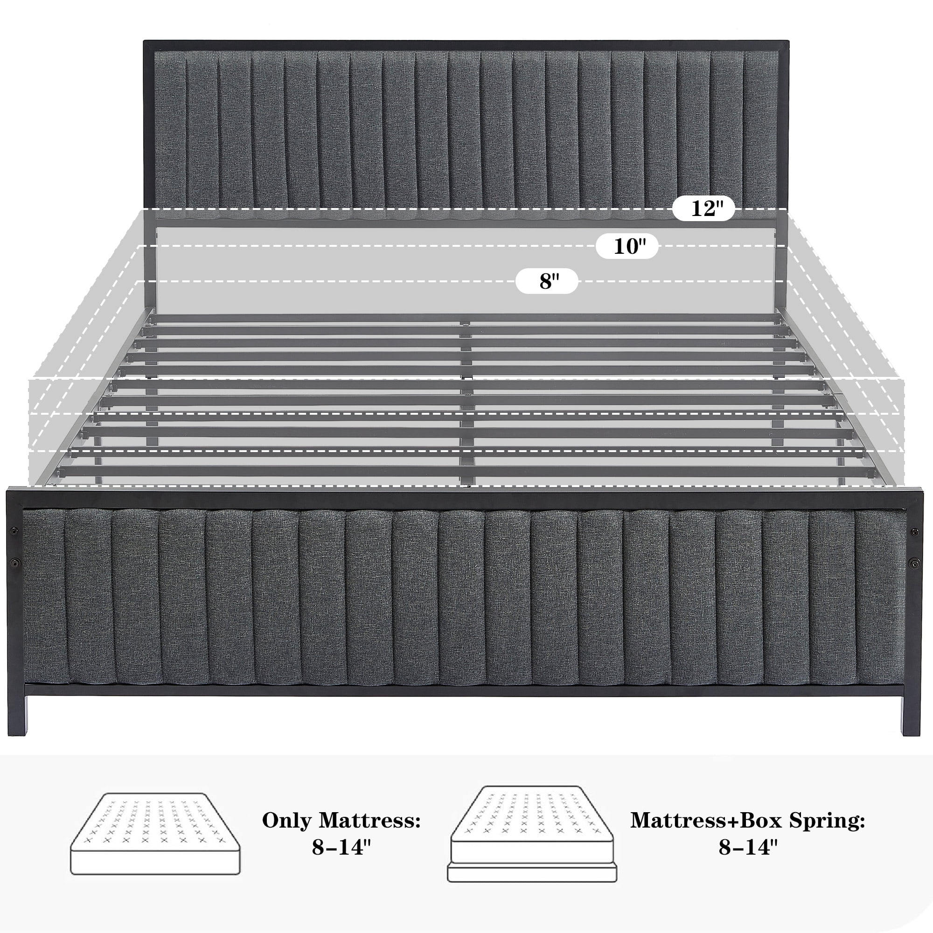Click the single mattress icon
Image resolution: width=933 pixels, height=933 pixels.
155,834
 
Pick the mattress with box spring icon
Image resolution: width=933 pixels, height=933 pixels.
532,834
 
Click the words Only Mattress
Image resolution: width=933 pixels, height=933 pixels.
341,820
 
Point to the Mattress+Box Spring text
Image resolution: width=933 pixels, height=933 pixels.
747,820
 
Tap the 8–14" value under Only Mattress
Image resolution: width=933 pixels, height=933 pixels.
341,847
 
